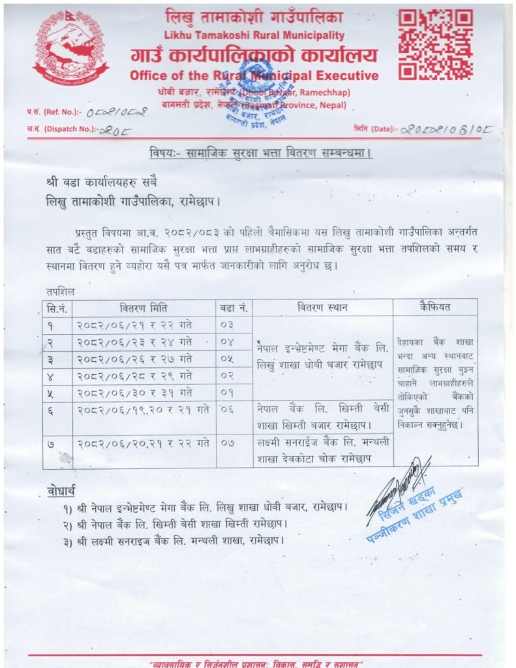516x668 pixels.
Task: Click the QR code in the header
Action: [x=435, y=44]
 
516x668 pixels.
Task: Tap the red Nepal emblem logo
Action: [x=70, y=46]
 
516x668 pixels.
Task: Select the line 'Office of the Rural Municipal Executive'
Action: [x=254, y=75]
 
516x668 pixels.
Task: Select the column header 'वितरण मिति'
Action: [x=144, y=307]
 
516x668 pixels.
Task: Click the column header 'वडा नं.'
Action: [x=234, y=307]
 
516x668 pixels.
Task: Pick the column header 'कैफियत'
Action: [x=435, y=307]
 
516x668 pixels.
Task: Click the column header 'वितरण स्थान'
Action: [x=322, y=307]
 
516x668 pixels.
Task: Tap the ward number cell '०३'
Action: [x=226, y=324]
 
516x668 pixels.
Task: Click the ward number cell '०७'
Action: [x=226, y=444]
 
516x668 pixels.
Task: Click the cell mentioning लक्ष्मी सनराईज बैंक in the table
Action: [x=322, y=450]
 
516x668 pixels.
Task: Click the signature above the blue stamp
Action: [x=398, y=483]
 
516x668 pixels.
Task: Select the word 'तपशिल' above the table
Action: [x=60, y=291]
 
